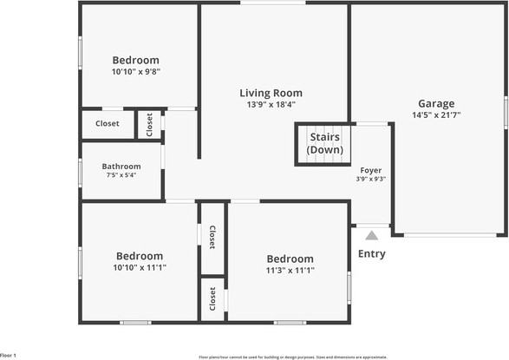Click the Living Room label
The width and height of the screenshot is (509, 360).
pos(271,93)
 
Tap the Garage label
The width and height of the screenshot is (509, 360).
pos(435,103)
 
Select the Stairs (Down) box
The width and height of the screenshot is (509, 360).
pos(324,143)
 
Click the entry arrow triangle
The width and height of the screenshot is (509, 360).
pos(372,235)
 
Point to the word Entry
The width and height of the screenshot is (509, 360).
pos(372,254)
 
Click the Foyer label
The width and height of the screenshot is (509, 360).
pos(371,170)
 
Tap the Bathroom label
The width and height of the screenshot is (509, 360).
pos(121,166)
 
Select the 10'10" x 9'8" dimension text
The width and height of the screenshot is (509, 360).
pos(136,71)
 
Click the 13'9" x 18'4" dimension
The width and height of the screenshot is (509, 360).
pos(271,105)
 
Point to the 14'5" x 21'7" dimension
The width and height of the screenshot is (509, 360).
pos(435,115)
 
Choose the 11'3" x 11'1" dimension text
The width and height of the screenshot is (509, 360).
pos(290,270)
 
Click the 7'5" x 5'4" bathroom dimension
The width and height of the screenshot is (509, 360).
pos(121,175)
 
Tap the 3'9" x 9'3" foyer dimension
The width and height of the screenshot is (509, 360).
pos(371,180)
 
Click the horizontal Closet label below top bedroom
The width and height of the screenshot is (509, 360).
pos(108,124)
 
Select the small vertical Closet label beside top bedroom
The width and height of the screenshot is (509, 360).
pos(149,125)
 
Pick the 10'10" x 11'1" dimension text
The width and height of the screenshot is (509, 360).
pos(139,267)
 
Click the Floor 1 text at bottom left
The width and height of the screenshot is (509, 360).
pos(9,356)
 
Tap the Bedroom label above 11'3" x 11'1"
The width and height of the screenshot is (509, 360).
pos(290,259)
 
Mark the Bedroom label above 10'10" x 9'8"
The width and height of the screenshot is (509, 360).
pos(136,60)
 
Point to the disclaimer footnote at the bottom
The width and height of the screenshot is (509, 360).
pos(292,356)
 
